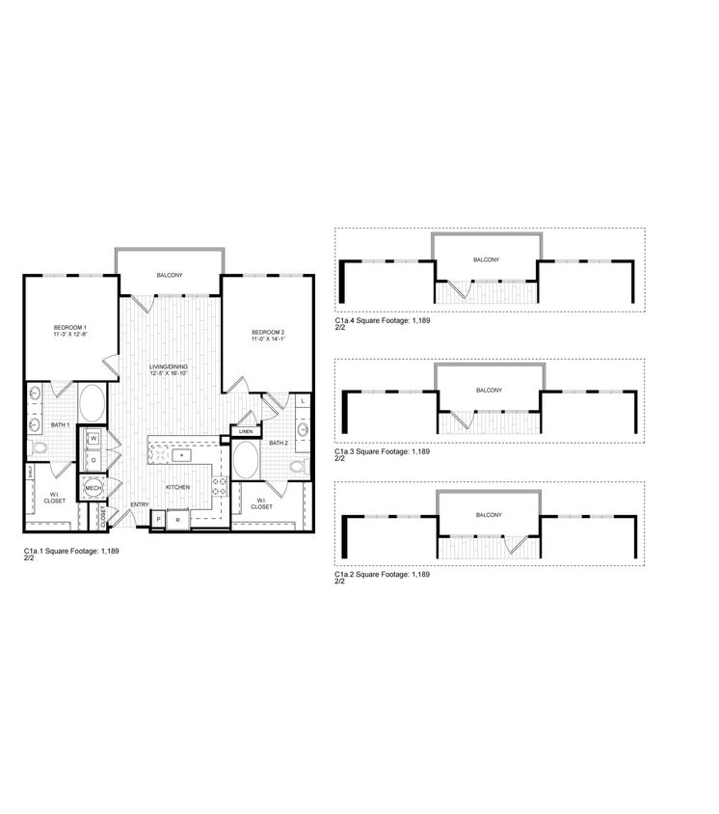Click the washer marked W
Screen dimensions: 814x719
point(94,439)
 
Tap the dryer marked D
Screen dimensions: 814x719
point(94,460)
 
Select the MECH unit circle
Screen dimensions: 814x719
point(93,490)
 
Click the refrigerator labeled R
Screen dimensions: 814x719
point(178,520)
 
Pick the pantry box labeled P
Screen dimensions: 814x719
point(159,520)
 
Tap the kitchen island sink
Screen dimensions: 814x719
point(180,453)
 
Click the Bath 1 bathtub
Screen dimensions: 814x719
point(92,402)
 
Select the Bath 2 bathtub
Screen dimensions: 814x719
point(246,460)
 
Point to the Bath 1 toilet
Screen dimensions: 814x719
point(39,448)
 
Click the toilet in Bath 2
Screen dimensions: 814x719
point(298,468)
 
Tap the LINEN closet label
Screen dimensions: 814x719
point(245,431)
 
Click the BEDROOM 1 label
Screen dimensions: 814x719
point(70,328)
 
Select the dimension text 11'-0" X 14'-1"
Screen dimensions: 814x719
point(268,339)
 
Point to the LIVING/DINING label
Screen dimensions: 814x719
point(169,367)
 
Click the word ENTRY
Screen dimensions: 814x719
point(140,504)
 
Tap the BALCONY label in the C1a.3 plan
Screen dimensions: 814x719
point(489,390)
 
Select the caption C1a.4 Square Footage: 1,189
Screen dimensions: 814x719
point(382,320)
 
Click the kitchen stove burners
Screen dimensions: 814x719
point(219,486)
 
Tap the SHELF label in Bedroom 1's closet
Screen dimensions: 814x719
point(31,472)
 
